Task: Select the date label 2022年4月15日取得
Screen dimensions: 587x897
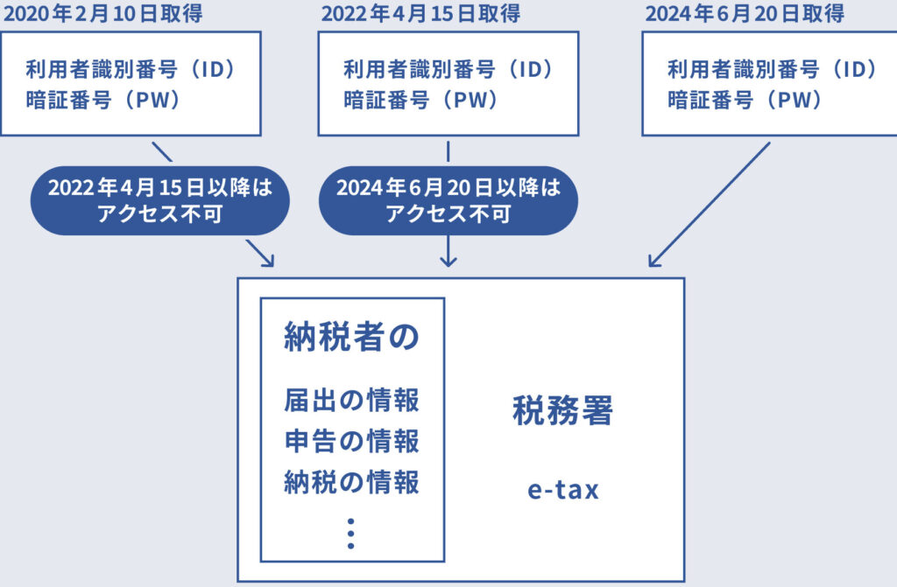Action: [420, 14]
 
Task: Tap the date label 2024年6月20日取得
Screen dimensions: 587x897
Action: [745, 14]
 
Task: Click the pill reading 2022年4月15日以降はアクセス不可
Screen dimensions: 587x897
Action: [160, 200]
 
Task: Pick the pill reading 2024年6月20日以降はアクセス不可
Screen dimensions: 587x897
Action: [448, 200]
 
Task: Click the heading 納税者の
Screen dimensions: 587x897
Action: [351, 338]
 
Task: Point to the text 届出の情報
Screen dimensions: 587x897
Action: [351, 401]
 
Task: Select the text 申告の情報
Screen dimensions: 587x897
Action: [351, 441]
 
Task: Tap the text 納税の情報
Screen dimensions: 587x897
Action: [351, 481]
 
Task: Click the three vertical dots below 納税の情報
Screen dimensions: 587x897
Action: [350, 533]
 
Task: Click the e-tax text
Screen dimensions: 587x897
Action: [562, 490]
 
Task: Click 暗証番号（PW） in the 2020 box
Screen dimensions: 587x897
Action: [103, 100]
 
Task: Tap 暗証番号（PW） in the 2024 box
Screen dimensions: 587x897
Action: [745, 100]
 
